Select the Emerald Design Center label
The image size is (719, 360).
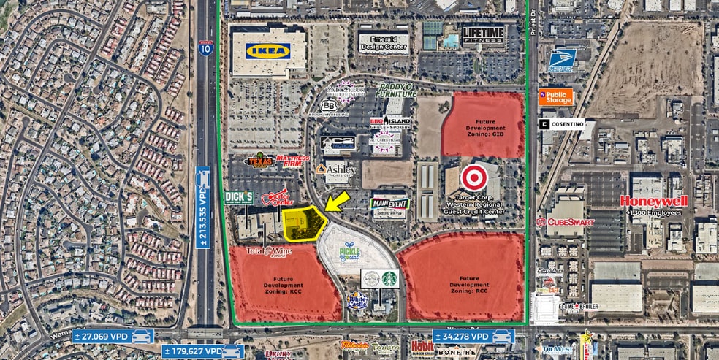384,42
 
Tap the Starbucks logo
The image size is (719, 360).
389,279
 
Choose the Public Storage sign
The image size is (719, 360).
555,96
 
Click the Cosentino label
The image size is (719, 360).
563,124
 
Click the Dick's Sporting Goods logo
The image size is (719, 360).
238,197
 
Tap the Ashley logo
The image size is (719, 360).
337,169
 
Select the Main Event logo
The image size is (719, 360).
390,205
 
